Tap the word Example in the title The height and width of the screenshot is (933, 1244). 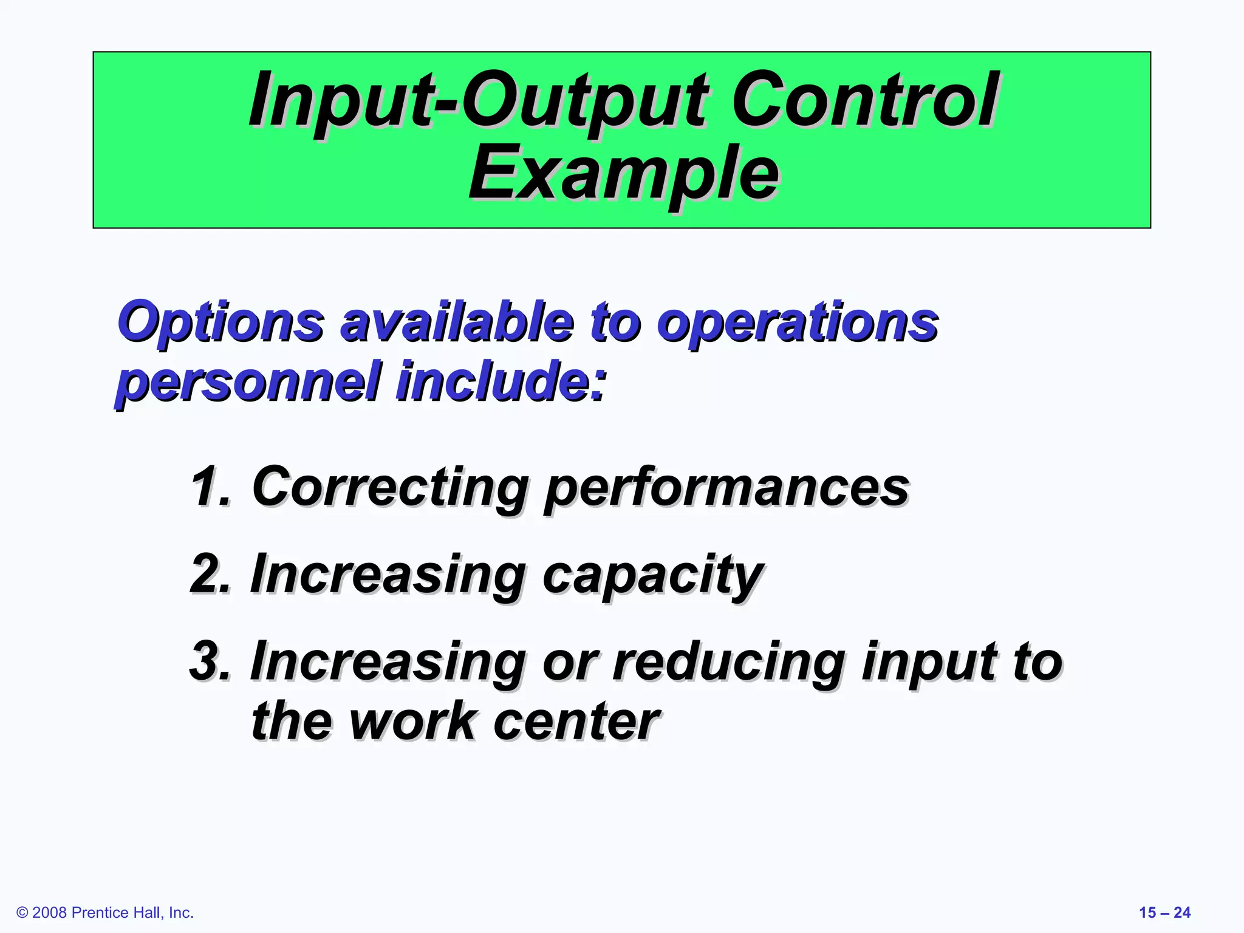[x=623, y=173]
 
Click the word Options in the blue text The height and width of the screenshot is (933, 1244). [x=220, y=323]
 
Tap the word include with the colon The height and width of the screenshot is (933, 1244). [x=501, y=381]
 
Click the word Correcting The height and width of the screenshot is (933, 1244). [x=389, y=488]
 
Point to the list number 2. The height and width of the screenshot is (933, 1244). [x=210, y=573]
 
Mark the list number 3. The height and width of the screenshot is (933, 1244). [x=210, y=661]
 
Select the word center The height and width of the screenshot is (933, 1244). [x=576, y=722]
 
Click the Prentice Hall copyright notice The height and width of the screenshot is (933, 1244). [x=105, y=912]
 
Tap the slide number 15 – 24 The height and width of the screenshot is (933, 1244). [x=1164, y=912]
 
